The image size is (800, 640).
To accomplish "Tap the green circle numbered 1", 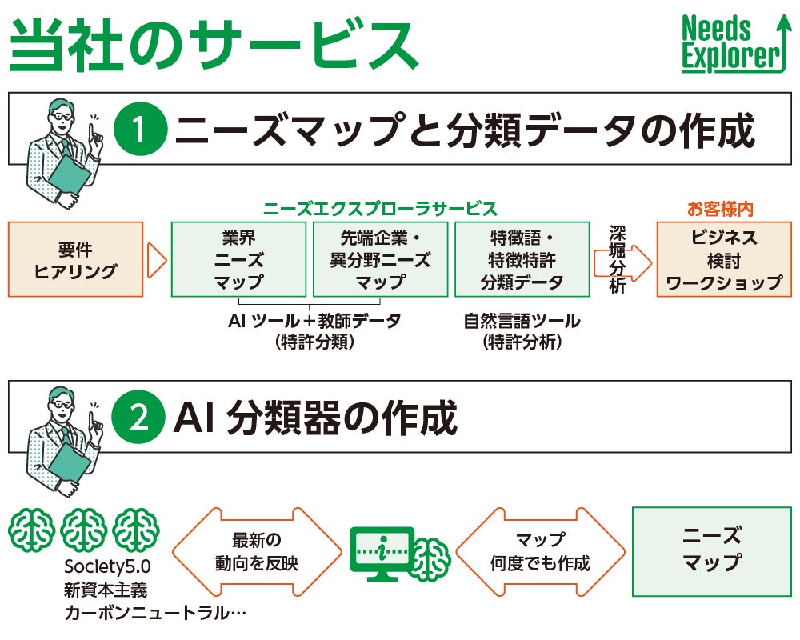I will click(x=140, y=131).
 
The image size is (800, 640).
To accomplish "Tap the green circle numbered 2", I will click(x=140, y=418).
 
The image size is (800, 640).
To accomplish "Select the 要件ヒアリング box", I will click(x=76, y=259).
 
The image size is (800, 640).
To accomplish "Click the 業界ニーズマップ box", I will click(x=239, y=259).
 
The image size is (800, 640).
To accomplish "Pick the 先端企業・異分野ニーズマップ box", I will click(x=380, y=259).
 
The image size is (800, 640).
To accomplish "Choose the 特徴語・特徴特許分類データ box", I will click(x=522, y=259).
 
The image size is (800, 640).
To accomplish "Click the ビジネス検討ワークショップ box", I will click(x=723, y=259).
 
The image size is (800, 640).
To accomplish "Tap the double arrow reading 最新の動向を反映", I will click(x=245, y=551).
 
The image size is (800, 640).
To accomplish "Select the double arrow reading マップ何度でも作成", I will click(x=540, y=551).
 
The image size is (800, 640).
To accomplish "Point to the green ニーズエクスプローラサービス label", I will click(x=380, y=209).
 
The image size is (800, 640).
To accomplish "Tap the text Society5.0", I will click(x=107, y=567).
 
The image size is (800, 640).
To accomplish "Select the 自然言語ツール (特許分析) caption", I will click(x=522, y=331).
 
